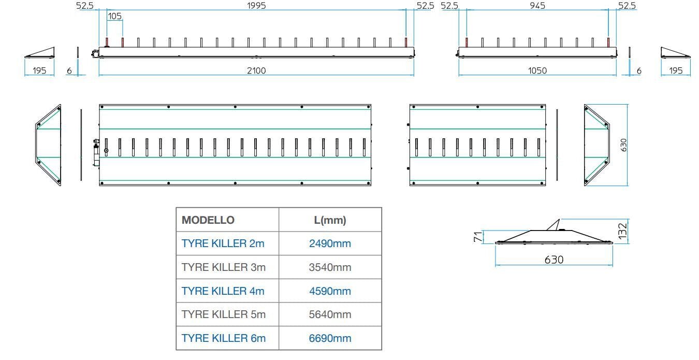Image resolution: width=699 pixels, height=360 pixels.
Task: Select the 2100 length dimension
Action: pos(256,70)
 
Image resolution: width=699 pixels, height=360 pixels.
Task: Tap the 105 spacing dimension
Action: pos(114,16)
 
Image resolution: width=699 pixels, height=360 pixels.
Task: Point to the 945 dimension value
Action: pos(537,6)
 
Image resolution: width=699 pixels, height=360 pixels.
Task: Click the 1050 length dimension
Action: pos(537,70)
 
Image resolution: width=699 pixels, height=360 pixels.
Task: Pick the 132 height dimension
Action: pos(623,229)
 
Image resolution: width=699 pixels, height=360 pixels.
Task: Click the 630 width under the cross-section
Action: pos(554,260)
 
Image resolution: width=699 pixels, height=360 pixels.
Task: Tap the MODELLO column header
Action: pos(208,220)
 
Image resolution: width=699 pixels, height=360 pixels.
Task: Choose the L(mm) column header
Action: pos(330,220)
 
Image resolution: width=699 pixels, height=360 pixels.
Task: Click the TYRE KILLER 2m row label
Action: pos(223,243)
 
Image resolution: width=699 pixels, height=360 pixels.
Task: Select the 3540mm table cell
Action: pos(330,267)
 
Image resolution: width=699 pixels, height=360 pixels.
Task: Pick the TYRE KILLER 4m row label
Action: pos(223,291)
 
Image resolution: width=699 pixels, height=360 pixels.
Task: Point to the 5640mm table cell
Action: pos(330,314)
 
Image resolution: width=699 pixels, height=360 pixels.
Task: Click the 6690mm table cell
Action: pos(330,338)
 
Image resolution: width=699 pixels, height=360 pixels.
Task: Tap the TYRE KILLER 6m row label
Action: pos(223,338)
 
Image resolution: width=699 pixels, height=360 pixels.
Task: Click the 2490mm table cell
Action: pos(330,243)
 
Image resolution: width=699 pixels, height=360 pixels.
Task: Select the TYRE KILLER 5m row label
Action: pos(223,314)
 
